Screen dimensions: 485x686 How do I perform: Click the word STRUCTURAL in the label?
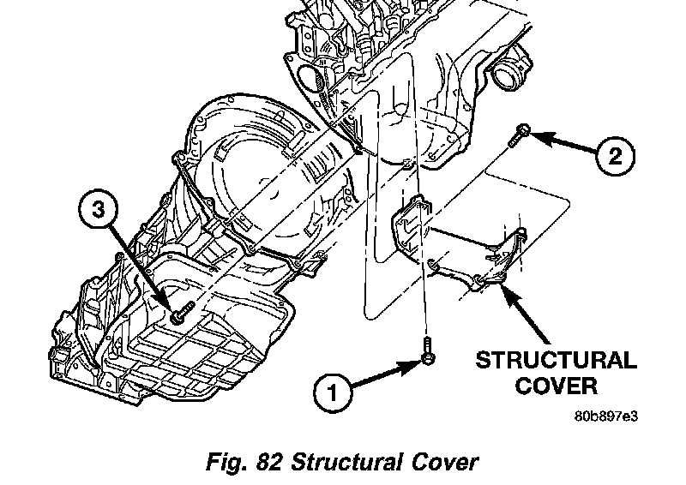click(x=557, y=360)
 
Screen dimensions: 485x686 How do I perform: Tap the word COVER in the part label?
click(x=557, y=385)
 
